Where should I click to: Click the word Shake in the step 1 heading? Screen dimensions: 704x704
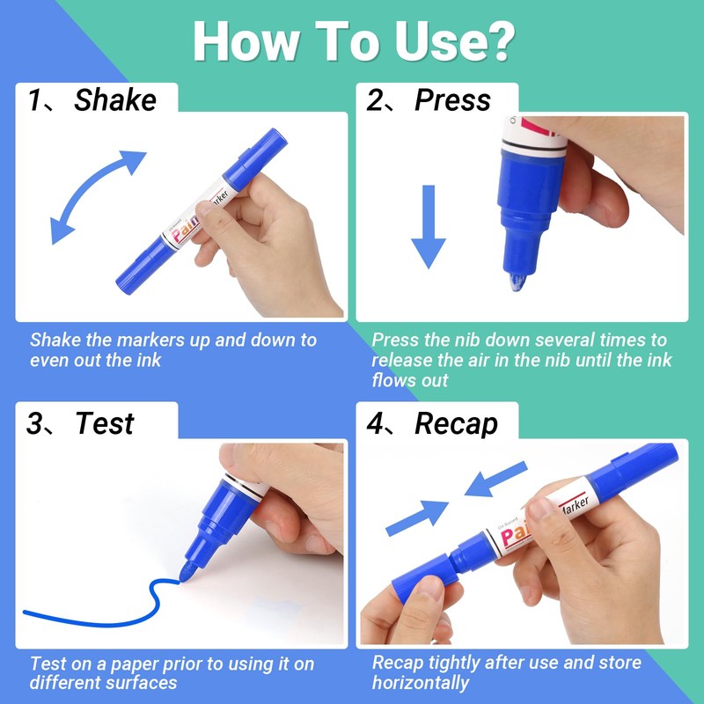click(115, 99)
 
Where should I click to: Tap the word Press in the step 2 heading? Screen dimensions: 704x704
click(452, 100)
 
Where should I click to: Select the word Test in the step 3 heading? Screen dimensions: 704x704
click(105, 423)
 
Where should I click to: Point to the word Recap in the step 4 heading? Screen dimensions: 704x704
click(456, 423)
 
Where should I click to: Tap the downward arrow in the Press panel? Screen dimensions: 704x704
click(429, 227)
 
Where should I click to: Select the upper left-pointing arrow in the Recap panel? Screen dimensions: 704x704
click(495, 479)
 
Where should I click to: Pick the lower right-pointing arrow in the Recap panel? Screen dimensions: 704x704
click(417, 518)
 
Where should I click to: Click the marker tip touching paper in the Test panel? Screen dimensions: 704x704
click(187, 571)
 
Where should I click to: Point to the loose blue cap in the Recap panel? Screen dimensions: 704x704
click(421, 578)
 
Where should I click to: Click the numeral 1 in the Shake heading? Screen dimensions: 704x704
click(34, 100)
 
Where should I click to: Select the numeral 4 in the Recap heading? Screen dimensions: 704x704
click(375, 423)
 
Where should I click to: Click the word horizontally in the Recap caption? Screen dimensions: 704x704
click(421, 683)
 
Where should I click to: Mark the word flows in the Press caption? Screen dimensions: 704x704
click(388, 380)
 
